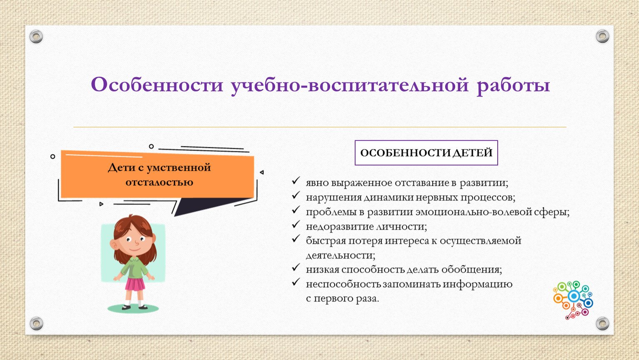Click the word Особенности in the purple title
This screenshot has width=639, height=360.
tap(157, 85)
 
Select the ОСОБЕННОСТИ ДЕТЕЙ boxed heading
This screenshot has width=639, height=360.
tap(426, 152)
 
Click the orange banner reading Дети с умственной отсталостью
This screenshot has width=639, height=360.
tap(158, 175)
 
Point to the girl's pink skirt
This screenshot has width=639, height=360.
tap(135, 284)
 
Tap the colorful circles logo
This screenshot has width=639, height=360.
tap(574, 300)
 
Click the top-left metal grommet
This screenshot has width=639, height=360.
tap(36, 37)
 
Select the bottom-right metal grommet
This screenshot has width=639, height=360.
tap(602, 323)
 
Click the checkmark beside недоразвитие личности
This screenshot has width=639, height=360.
tap(296, 225)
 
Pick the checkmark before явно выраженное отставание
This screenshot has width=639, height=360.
tap(296, 180)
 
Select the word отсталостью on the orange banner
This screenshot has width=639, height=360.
tap(159, 182)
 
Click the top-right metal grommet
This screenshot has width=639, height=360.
tap(602, 36)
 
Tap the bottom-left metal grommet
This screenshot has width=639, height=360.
tap(37, 323)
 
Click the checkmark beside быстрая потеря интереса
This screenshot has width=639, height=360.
tap(296, 238)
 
